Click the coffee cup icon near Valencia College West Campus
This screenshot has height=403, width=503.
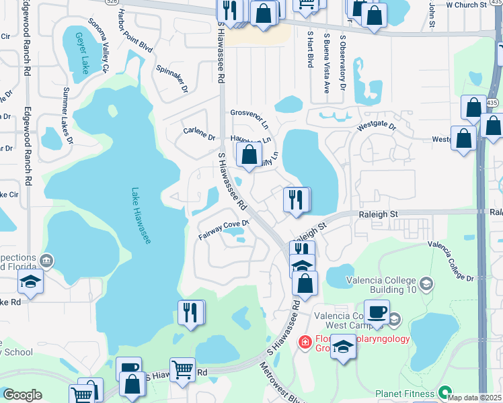[x=377, y=312]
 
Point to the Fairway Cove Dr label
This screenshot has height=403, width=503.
[x=224, y=229]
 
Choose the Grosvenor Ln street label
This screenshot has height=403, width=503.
[x=249, y=118]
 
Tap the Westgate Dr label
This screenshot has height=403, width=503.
[x=377, y=125]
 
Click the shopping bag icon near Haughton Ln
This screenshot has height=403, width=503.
[x=249, y=154]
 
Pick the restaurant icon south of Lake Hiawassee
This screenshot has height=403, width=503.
[x=191, y=312]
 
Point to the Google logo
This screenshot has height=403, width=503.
[x=22, y=395]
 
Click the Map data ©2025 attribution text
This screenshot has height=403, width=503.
[x=474, y=398]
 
